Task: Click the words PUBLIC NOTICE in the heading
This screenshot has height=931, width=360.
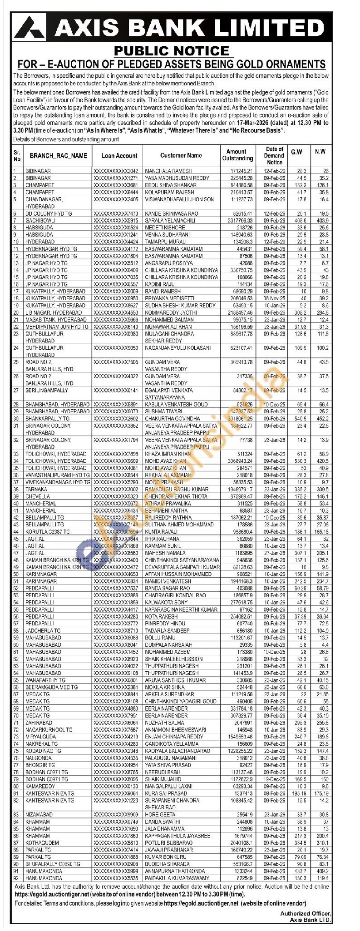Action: [171, 50]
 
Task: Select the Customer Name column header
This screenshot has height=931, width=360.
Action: [181, 155]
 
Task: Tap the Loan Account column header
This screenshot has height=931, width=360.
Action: [119, 155]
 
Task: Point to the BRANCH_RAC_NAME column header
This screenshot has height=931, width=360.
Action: [58, 155]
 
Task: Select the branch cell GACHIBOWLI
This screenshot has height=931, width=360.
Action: [40, 220]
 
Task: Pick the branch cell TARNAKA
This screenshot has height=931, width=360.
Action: [36, 489]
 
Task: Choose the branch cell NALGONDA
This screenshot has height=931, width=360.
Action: [39, 758]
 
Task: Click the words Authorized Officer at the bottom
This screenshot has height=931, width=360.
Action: [306, 901]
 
